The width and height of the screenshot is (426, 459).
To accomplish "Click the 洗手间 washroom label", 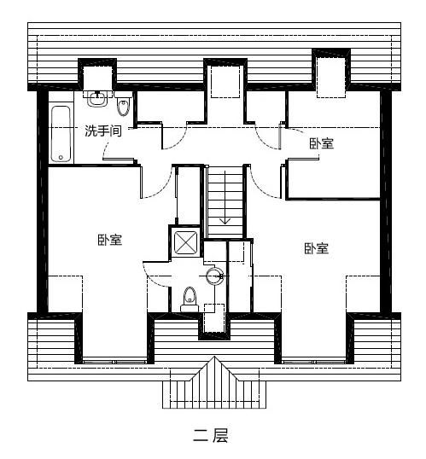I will point(102,131).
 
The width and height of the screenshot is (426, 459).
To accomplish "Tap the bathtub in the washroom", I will point(61,133).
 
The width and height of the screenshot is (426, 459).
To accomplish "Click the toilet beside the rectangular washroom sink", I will point(123,106).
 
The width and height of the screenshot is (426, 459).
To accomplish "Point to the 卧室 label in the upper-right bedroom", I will point(322,143).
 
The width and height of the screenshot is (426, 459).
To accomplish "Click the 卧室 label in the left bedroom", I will point(109,240).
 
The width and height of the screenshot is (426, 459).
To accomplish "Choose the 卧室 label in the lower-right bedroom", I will point(316,248).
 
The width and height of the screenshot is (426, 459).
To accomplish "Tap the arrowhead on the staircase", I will point(225,220).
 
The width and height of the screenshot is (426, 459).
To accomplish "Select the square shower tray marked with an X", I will point(187,242).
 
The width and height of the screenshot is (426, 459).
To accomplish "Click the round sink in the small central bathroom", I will point(213,275).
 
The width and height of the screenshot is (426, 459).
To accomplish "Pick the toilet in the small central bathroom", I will point(190,296).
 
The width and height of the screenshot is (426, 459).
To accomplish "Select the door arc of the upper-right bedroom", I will point(266,137).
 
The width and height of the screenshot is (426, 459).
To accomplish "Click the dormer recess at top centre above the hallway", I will point(225,80).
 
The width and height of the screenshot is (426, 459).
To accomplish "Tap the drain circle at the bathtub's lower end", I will point(61,154).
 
